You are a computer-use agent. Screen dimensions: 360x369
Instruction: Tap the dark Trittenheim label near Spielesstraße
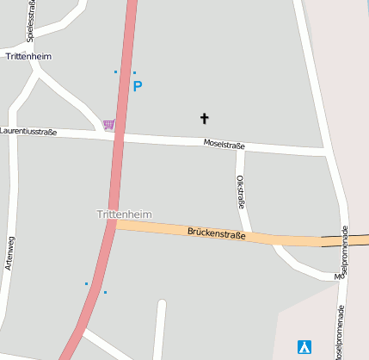click(x=28, y=56)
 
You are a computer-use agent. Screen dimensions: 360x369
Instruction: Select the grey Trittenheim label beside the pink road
click(x=124, y=213)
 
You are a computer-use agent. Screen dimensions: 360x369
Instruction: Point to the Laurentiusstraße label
click(x=28, y=132)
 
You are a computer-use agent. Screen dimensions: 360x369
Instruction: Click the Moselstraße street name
click(x=224, y=144)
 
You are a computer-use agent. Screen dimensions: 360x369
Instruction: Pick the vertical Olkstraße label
click(x=241, y=193)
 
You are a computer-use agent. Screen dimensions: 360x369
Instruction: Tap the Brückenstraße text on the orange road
click(x=216, y=233)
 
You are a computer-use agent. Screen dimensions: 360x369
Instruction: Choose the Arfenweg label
click(x=9, y=253)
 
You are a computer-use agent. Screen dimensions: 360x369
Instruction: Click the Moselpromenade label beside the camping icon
click(x=340, y=332)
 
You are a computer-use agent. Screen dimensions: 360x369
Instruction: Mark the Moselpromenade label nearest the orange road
click(x=343, y=251)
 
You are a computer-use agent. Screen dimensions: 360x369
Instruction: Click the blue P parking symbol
click(x=138, y=86)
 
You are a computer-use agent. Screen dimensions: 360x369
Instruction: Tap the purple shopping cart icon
click(x=108, y=124)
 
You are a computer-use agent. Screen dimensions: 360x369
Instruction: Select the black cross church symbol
click(x=205, y=118)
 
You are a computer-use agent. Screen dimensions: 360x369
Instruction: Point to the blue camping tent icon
click(x=304, y=347)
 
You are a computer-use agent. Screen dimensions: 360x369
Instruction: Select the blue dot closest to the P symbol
click(x=134, y=72)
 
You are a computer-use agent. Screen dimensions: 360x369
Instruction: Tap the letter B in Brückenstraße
click(x=190, y=231)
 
